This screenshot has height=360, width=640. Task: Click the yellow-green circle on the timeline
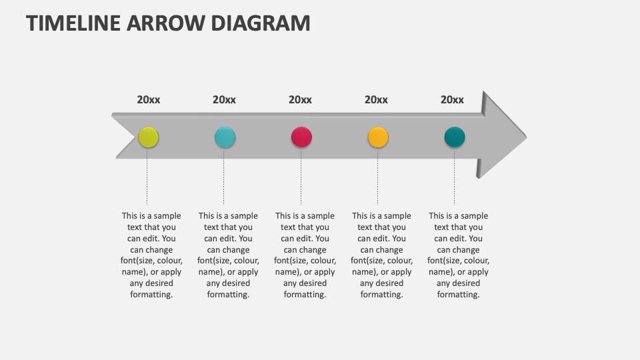[x=148, y=137]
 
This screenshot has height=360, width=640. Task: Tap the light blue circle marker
[x=225, y=137]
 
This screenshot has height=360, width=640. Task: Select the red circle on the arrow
[x=301, y=137]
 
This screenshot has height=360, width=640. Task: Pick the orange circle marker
[x=378, y=137]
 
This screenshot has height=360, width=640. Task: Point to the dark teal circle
[x=455, y=137]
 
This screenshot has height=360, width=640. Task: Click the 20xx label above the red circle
[x=300, y=100]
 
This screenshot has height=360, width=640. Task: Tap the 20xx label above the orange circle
[x=376, y=100]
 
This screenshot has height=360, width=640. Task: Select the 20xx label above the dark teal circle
[x=452, y=100]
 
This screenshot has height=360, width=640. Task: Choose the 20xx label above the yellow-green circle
[x=149, y=100]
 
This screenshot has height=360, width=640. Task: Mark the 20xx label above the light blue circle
[x=224, y=100]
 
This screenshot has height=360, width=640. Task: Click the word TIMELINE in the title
[x=73, y=23]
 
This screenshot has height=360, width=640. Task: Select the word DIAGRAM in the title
[x=261, y=23]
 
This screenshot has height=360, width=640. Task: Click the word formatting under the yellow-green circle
[x=151, y=295]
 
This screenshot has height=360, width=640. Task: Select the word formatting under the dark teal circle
[x=458, y=295]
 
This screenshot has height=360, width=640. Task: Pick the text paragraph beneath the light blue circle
[x=228, y=255]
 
